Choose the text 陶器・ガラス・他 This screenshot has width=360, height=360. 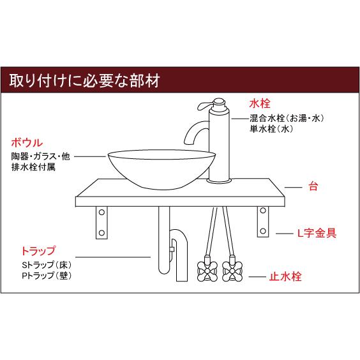(x=40, y=157)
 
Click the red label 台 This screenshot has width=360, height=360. (x=313, y=188)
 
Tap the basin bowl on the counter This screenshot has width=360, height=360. (x=158, y=168)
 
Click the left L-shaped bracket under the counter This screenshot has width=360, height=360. (x=102, y=222)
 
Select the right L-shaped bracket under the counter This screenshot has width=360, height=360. (x=262, y=222)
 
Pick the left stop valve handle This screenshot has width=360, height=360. (x=207, y=271)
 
